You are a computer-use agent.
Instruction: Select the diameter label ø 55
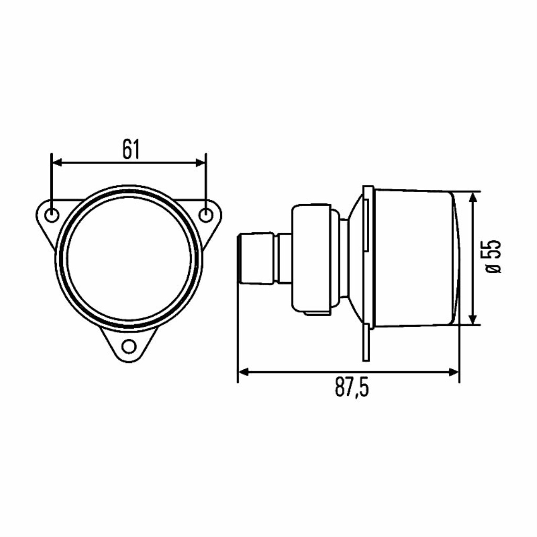pyautogui.click(x=493, y=256)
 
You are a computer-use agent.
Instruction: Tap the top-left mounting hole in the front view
pyautogui.click(x=52, y=215)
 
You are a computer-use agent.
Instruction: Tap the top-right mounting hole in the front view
pyautogui.click(x=205, y=215)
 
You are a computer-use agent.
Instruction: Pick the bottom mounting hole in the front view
pyautogui.click(x=129, y=347)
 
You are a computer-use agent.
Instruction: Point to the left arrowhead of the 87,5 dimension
pyautogui.click(x=244, y=372)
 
